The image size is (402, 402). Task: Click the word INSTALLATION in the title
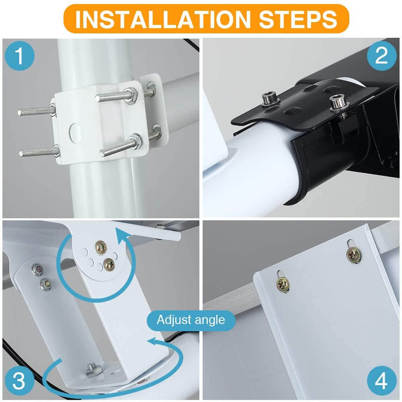click(x=163, y=19)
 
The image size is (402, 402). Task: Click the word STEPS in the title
click(x=298, y=19)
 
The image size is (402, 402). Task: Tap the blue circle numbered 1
click(x=20, y=56)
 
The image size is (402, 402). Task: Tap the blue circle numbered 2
click(x=382, y=56)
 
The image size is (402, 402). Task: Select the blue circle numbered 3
click(x=20, y=381)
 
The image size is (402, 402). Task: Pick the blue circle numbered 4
click(x=382, y=381)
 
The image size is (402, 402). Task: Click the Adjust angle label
click(x=191, y=320)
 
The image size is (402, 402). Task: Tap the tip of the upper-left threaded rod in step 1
click(x=19, y=112)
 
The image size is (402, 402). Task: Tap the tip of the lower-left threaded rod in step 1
click(x=21, y=153)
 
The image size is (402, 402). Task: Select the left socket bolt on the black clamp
click(x=270, y=99)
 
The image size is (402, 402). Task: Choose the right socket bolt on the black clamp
click(x=338, y=102)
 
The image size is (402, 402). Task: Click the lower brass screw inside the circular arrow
click(x=109, y=264)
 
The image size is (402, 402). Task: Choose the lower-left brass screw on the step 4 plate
click(x=283, y=284)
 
